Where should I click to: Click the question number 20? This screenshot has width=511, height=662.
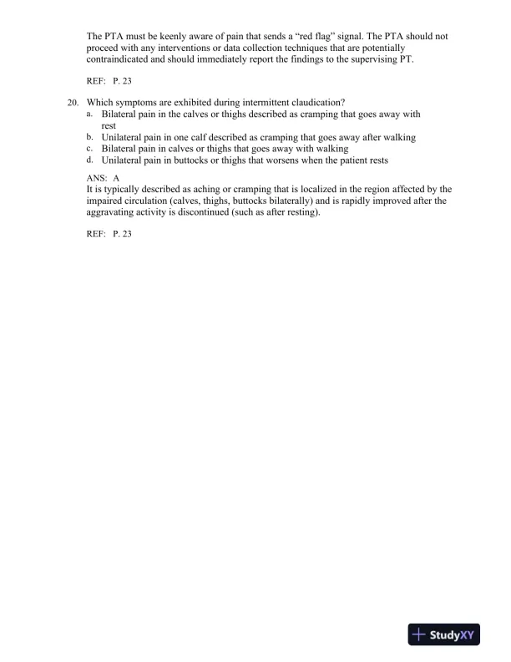pyautogui.click(x=73, y=102)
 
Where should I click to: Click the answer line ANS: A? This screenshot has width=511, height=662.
pyautogui.click(x=104, y=179)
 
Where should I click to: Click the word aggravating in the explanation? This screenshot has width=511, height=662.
pyautogui.click(x=114, y=213)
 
